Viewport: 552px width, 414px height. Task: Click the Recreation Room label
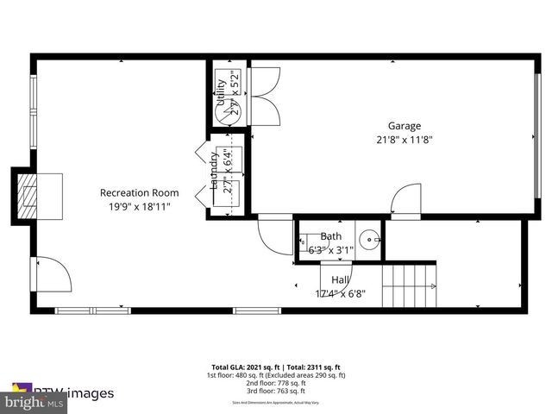[x=139, y=192]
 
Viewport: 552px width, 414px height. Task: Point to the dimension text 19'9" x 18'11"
[x=139, y=206]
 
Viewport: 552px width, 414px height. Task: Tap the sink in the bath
[x=368, y=238]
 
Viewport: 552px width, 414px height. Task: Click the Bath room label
[x=331, y=236]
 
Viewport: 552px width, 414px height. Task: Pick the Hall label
[x=340, y=279]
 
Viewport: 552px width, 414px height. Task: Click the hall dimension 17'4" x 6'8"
[x=340, y=293]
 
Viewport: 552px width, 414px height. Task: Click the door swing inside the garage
[x=405, y=200]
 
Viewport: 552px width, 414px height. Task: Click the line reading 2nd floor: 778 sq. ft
[x=275, y=384]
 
